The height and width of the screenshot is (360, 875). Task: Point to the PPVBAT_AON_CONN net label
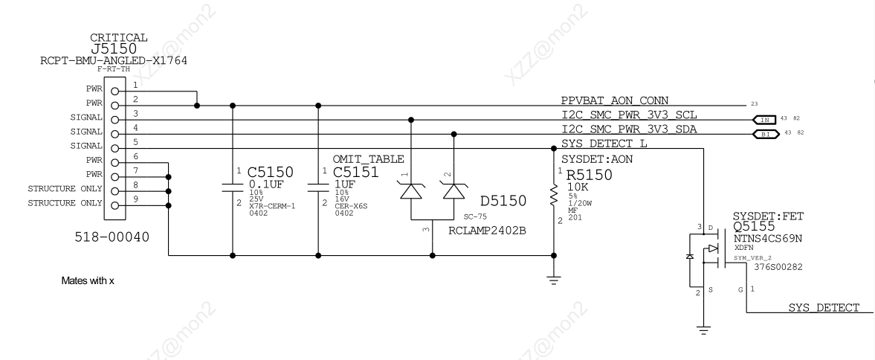615,100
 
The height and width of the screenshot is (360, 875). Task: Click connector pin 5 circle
115,148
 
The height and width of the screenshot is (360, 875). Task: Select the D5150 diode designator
503,201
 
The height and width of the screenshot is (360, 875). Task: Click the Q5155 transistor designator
757,225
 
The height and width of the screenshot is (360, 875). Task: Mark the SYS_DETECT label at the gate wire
824,308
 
